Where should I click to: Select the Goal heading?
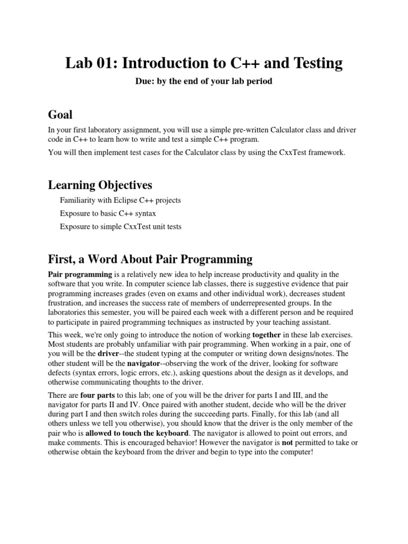[x=60, y=115]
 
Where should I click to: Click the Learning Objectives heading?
[x=100, y=185]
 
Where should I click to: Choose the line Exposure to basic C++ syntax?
[x=113, y=214]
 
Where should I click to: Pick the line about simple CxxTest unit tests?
[x=121, y=226]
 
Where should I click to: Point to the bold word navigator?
[x=142, y=363]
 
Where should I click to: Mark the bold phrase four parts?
[x=97, y=395]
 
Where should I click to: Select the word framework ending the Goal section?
[x=328, y=153]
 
